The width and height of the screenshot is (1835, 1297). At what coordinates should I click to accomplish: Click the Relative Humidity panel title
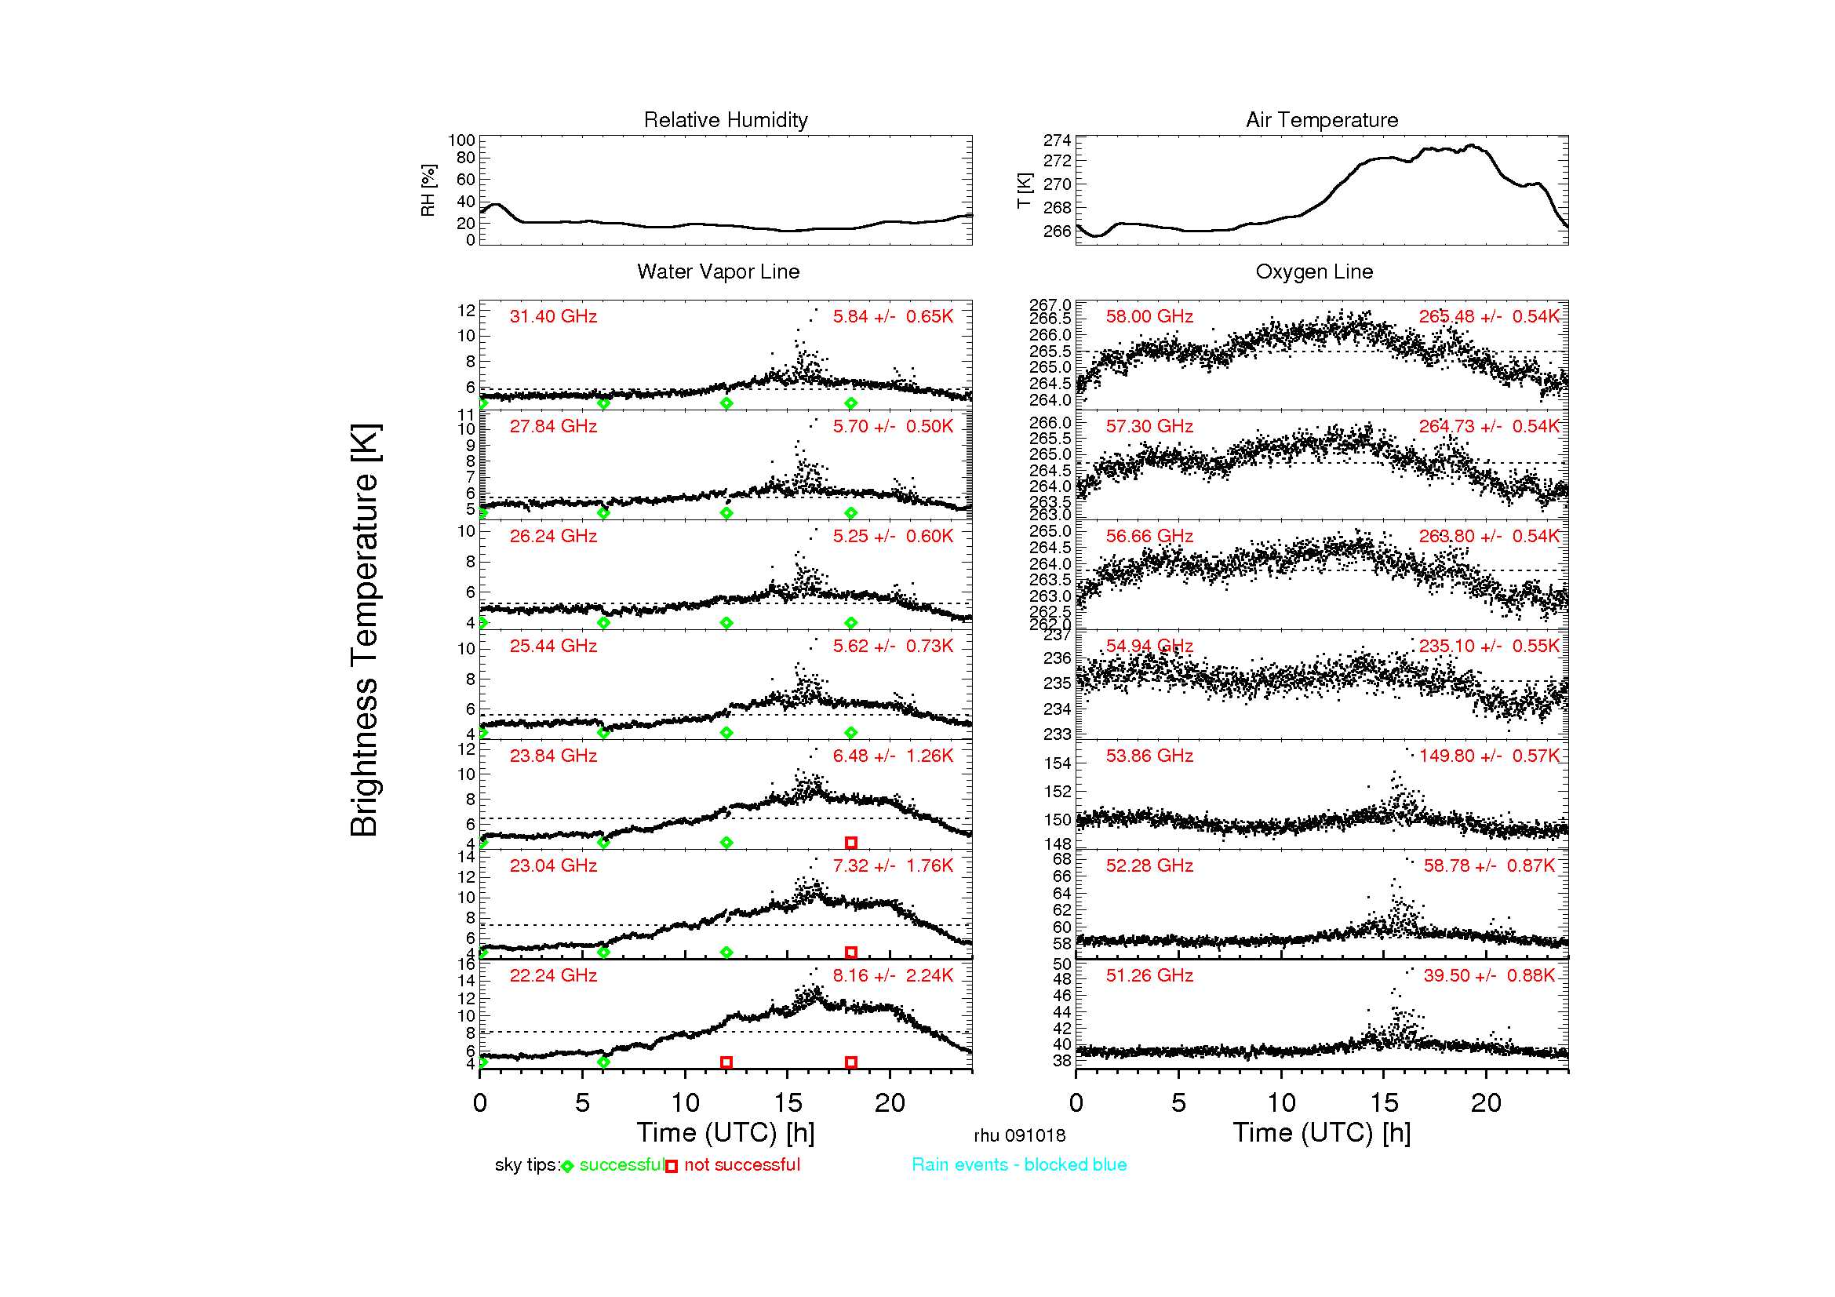pos(725,120)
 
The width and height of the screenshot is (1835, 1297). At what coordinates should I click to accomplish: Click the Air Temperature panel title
pos(1321,120)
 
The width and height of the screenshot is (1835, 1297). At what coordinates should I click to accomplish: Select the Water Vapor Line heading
pos(718,271)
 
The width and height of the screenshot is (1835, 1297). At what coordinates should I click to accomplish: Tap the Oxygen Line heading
pos(1313,271)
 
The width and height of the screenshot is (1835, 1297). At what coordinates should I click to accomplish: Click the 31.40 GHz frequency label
pos(553,316)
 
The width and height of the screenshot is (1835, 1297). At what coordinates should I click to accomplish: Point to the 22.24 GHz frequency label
pos(553,975)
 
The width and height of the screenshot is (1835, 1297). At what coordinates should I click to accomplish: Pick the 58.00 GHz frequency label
pos(1149,316)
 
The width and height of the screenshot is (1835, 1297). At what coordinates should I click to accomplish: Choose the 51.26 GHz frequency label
pos(1149,975)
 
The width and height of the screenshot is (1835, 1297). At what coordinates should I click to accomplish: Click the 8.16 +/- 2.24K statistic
pos(892,975)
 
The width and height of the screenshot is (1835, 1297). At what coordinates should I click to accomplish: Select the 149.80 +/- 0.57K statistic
pos(1488,756)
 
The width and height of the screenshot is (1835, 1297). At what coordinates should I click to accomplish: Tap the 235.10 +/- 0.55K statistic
pos(1488,646)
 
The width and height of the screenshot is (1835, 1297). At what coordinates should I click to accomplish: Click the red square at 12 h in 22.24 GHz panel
pos(726,1062)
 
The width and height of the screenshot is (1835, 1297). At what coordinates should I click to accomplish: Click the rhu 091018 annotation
pos(1019,1135)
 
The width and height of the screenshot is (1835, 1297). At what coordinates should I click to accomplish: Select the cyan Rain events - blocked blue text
pos(1018,1164)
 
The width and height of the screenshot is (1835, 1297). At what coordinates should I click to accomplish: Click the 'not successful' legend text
pos(741,1164)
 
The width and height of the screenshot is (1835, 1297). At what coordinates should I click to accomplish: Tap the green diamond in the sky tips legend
pos(567,1166)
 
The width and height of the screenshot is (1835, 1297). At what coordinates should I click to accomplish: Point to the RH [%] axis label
pos(428,190)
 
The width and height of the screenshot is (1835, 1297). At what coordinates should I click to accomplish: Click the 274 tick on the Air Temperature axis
pos(1057,140)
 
